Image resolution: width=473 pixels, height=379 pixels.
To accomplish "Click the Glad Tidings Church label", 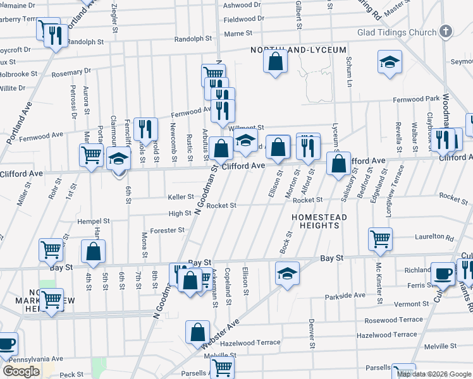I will pos(396,33).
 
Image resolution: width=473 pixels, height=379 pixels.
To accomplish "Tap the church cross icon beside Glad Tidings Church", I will pos(446,32).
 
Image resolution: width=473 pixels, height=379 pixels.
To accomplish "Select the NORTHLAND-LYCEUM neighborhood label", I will pos(298,50).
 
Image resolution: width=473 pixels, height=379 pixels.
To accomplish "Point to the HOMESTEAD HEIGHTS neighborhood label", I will pos(319,221).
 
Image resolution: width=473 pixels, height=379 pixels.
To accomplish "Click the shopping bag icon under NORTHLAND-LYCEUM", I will pos(275,62).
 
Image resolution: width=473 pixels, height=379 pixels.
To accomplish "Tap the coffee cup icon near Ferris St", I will pos(443,273).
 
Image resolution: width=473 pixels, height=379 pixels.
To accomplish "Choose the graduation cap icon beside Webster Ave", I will pos(287,274).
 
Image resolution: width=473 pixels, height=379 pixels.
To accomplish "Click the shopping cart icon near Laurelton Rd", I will pos(380,239).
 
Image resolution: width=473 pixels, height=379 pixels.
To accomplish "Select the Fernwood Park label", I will pos(416,99).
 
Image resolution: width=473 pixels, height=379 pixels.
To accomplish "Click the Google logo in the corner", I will pos(21,371).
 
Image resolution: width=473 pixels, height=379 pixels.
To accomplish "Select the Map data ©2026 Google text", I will pos(433,374).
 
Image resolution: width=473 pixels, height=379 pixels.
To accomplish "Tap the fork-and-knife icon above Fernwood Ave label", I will pos(147,129).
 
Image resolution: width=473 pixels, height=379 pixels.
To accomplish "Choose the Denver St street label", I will pos(312,333).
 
